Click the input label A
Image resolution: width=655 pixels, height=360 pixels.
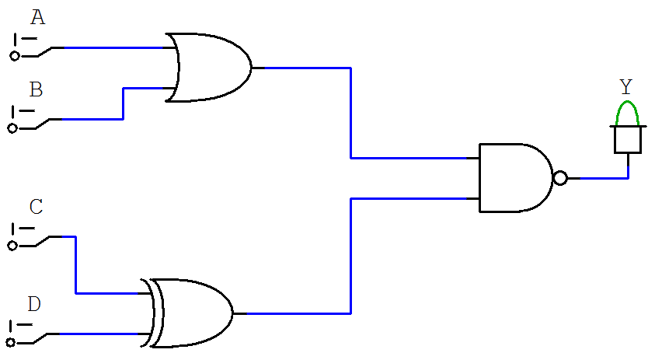pyautogui.click(x=37, y=18)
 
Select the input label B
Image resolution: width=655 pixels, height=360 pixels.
pyautogui.click(x=36, y=89)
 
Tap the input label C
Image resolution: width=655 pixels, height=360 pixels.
pyautogui.click(x=36, y=208)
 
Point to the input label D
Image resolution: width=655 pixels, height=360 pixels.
pyautogui.click(x=34, y=304)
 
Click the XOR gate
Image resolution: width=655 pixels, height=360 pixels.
pyautogui.click(x=191, y=313)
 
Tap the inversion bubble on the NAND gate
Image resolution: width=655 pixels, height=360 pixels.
pyautogui.click(x=560, y=178)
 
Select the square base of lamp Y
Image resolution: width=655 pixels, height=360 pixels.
pyautogui.click(x=627, y=140)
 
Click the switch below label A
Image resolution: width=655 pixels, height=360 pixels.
pyautogui.click(x=31, y=49)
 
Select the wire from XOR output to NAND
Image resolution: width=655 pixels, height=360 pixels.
pyautogui.click(x=351, y=257)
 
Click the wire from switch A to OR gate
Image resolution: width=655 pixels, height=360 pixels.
pyautogui.click(x=117, y=47)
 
